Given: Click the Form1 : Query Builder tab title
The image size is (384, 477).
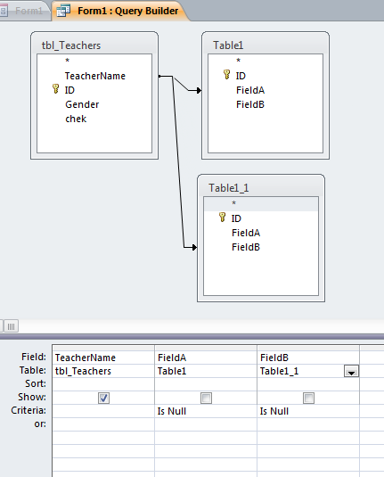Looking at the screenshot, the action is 128,11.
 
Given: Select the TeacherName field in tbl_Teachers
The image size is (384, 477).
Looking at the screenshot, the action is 95,76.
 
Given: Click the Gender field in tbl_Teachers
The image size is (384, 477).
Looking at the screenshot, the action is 82,104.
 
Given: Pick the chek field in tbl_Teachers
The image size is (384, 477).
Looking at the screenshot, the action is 76,119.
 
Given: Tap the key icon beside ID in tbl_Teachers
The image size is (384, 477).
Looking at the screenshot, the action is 55,89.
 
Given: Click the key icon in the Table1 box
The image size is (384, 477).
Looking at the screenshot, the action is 227,74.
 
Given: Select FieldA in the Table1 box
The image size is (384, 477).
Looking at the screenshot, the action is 250,90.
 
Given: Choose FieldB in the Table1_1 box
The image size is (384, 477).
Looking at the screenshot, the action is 246,247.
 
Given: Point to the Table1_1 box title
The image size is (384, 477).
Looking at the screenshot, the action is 229,188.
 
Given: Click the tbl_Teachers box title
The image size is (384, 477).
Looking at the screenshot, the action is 71,45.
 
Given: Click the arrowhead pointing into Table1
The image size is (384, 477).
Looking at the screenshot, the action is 199,90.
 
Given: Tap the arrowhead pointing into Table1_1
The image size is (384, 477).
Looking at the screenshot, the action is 194,247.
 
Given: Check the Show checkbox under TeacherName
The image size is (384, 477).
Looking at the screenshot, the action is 103,398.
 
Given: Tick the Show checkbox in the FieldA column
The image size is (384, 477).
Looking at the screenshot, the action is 206,398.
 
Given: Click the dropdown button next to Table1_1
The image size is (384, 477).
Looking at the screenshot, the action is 351,372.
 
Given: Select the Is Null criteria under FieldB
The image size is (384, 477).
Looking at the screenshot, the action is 274,411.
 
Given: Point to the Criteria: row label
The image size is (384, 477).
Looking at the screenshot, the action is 29,410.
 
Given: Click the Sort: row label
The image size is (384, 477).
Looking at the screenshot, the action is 36,383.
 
